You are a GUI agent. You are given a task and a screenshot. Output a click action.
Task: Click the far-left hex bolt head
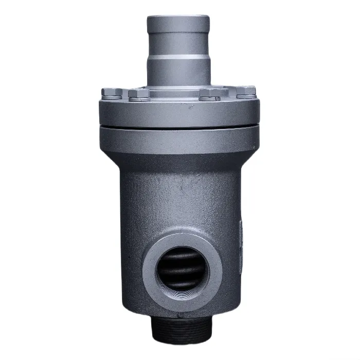(x=111, y=93)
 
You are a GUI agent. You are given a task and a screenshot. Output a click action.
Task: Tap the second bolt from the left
(x=139, y=94)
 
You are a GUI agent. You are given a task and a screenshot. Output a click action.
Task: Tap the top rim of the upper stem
(x=178, y=19)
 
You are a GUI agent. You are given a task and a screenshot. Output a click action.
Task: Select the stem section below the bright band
(x=178, y=72)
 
